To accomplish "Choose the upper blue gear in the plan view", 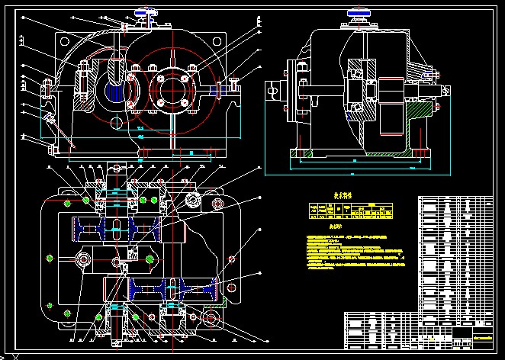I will pyautogui.click(x=114, y=227).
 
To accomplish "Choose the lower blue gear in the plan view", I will pyautogui.click(x=175, y=289).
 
